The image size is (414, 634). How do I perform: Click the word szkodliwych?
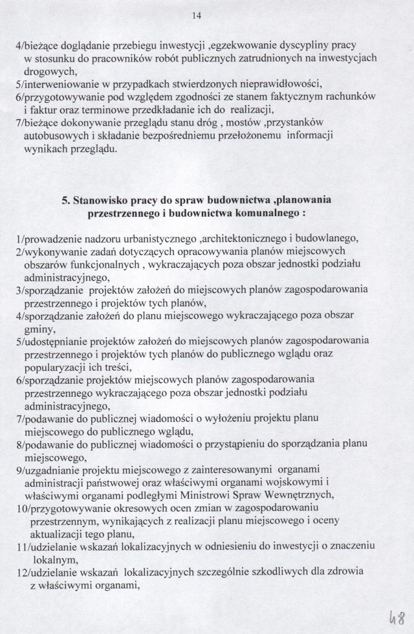click(275, 572)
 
